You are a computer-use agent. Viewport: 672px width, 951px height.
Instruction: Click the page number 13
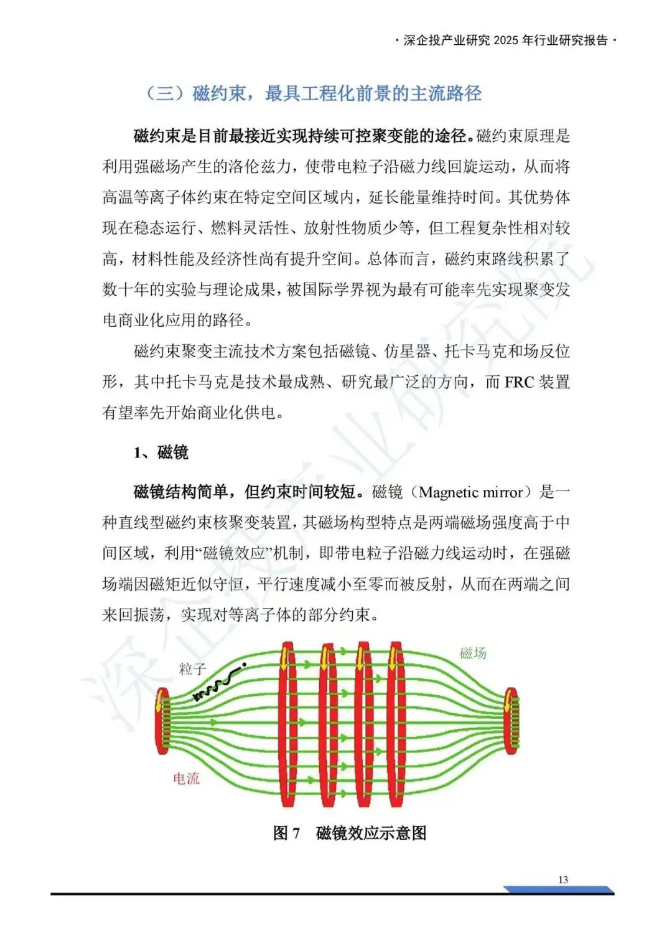coord(562,879)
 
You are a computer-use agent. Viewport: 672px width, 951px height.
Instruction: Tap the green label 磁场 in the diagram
coord(473,653)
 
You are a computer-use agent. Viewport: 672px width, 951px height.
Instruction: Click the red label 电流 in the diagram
coord(186,779)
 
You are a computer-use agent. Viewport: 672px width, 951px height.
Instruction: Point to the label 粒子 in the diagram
coord(192,669)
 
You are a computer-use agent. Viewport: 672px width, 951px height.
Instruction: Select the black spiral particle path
coord(219,684)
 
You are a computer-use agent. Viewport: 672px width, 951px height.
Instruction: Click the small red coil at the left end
coord(162,721)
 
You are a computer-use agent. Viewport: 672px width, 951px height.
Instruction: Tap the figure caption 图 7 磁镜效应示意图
coord(350,833)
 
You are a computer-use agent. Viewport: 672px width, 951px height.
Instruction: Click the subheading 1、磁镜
coord(161,452)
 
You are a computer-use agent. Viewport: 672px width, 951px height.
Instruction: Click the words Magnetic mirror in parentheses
coord(471,492)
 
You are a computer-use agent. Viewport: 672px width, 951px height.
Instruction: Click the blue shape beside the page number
coord(561,890)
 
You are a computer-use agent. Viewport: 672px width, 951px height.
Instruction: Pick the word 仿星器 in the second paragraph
coord(408,352)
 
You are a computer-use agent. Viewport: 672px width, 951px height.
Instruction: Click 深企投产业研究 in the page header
coord(447,40)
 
